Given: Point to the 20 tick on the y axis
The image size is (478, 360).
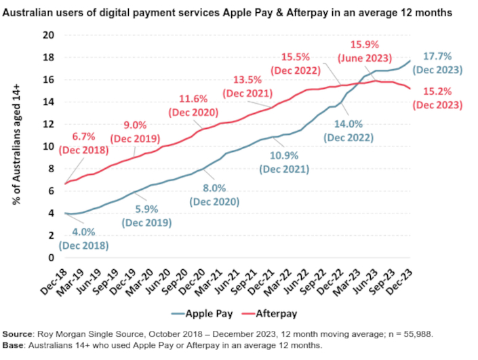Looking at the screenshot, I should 47,35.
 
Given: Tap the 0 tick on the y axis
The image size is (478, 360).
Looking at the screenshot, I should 50,258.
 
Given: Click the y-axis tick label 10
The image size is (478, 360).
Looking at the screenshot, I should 47,146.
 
